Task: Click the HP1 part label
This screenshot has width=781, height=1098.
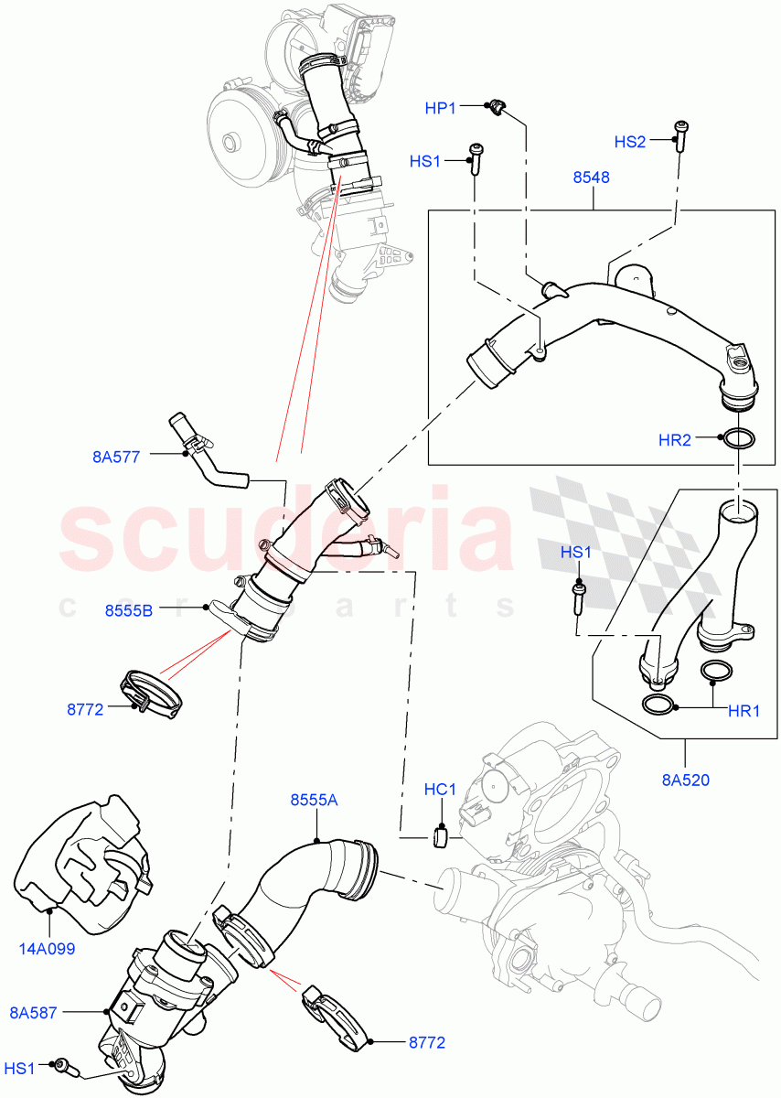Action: point(440,109)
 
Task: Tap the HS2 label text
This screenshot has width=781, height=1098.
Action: point(629,142)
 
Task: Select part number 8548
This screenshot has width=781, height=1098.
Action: point(592,178)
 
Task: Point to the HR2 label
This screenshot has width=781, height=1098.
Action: point(675,440)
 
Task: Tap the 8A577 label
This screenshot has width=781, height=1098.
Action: point(116,457)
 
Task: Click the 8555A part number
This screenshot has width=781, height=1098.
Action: point(315,800)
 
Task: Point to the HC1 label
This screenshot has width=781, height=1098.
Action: point(440,789)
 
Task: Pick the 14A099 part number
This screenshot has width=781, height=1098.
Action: point(46,949)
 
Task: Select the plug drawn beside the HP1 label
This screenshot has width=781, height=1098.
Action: point(497,107)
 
